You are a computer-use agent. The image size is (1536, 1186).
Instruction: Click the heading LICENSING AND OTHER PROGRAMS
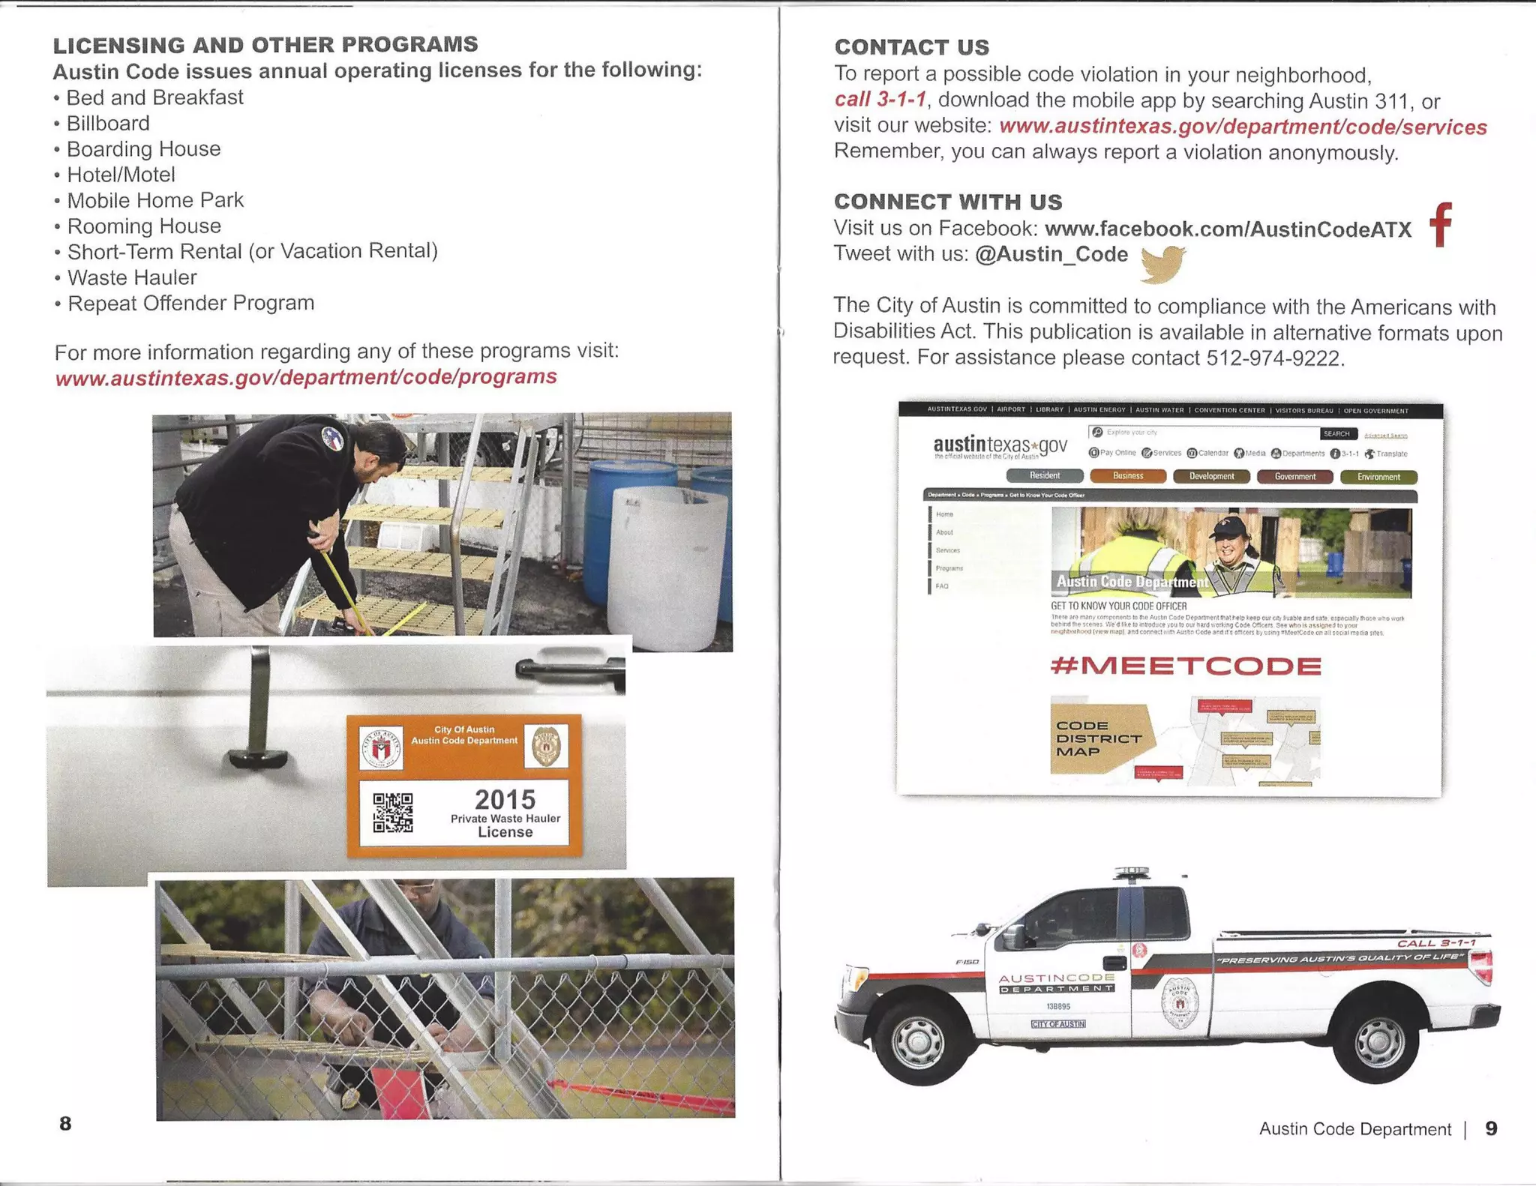pos(265,45)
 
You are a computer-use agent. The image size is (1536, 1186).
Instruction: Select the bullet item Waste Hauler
pos(132,278)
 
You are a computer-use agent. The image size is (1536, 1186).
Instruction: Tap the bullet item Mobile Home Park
pos(154,201)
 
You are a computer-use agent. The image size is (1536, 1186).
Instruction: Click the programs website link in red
pos(306,377)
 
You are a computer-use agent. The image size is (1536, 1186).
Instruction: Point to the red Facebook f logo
pos(1441,225)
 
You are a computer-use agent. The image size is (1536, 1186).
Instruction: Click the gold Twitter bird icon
pos(1162,265)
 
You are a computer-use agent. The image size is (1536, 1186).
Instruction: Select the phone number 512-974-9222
pos(1273,358)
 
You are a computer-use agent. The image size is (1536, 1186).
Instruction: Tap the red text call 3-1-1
pos(880,100)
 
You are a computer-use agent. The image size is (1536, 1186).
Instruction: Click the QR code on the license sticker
pos(393,813)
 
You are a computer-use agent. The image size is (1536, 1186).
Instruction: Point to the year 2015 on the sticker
pos(505,799)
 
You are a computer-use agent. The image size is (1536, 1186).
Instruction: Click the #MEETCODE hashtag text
pos(1186,666)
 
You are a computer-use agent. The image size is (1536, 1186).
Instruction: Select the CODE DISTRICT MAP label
pos(1097,738)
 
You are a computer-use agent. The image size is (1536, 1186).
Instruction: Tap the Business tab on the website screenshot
pos(1128,476)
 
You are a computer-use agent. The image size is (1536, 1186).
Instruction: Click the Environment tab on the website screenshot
pos(1378,477)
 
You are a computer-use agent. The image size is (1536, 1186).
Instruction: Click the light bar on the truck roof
pos(1131,873)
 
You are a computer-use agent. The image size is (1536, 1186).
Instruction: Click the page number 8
pos(65,1124)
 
